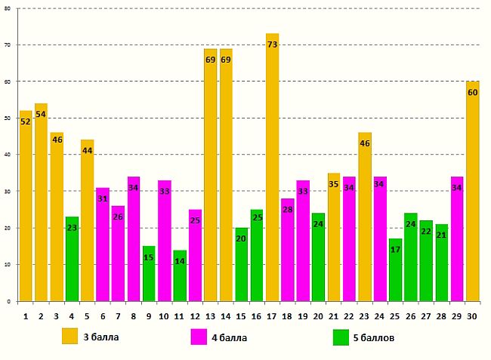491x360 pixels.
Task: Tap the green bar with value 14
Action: coord(180,275)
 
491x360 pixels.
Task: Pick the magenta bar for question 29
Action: coord(457,238)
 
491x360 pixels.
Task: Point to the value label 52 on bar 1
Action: coord(26,121)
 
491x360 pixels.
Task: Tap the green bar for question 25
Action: coord(395,269)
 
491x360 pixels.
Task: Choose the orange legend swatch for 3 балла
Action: coord(70,336)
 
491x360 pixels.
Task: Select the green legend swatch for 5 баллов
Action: coord(341,336)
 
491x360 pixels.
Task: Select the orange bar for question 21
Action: coord(334,237)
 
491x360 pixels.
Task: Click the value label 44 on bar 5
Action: coord(87,150)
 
